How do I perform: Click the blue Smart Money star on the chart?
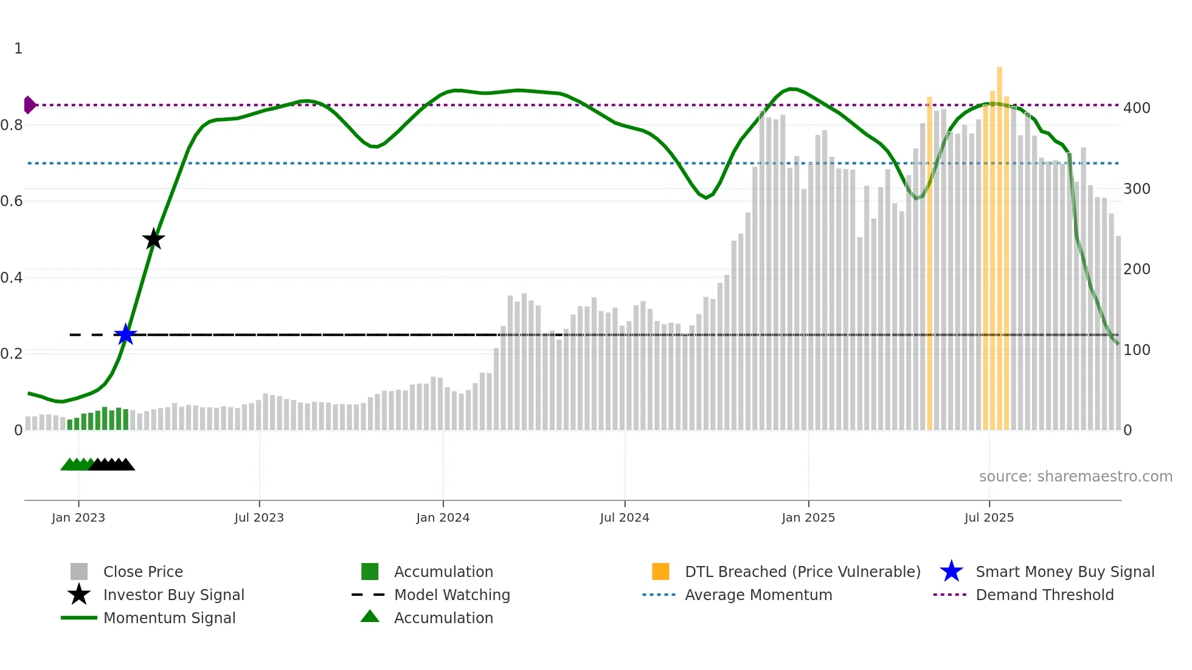tap(125, 334)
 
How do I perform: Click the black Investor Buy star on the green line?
tap(153, 239)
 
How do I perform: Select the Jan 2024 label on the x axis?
tap(443, 517)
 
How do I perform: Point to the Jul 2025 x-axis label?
tap(989, 517)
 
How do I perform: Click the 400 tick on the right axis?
tap(1137, 108)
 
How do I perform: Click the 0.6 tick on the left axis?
tap(12, 201)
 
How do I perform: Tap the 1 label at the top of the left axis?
tap(18, 49)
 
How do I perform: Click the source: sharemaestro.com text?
tap(1075, 477)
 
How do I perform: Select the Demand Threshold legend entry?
tap(1044, 595)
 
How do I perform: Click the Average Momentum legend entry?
tap(758, 595)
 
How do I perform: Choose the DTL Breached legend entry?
tap(802, 572)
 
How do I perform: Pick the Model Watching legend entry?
tap(451, 595)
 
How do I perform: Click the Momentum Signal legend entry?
tap(169, 618)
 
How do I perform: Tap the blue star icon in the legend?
tap(951, 572)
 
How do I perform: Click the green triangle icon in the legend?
tap(370, 616)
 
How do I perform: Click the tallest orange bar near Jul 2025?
tap(999, 243)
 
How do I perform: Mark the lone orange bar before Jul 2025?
tap(929, 261)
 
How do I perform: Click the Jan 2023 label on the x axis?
tap(78, 517)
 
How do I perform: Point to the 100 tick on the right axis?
tap(1137, 350)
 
